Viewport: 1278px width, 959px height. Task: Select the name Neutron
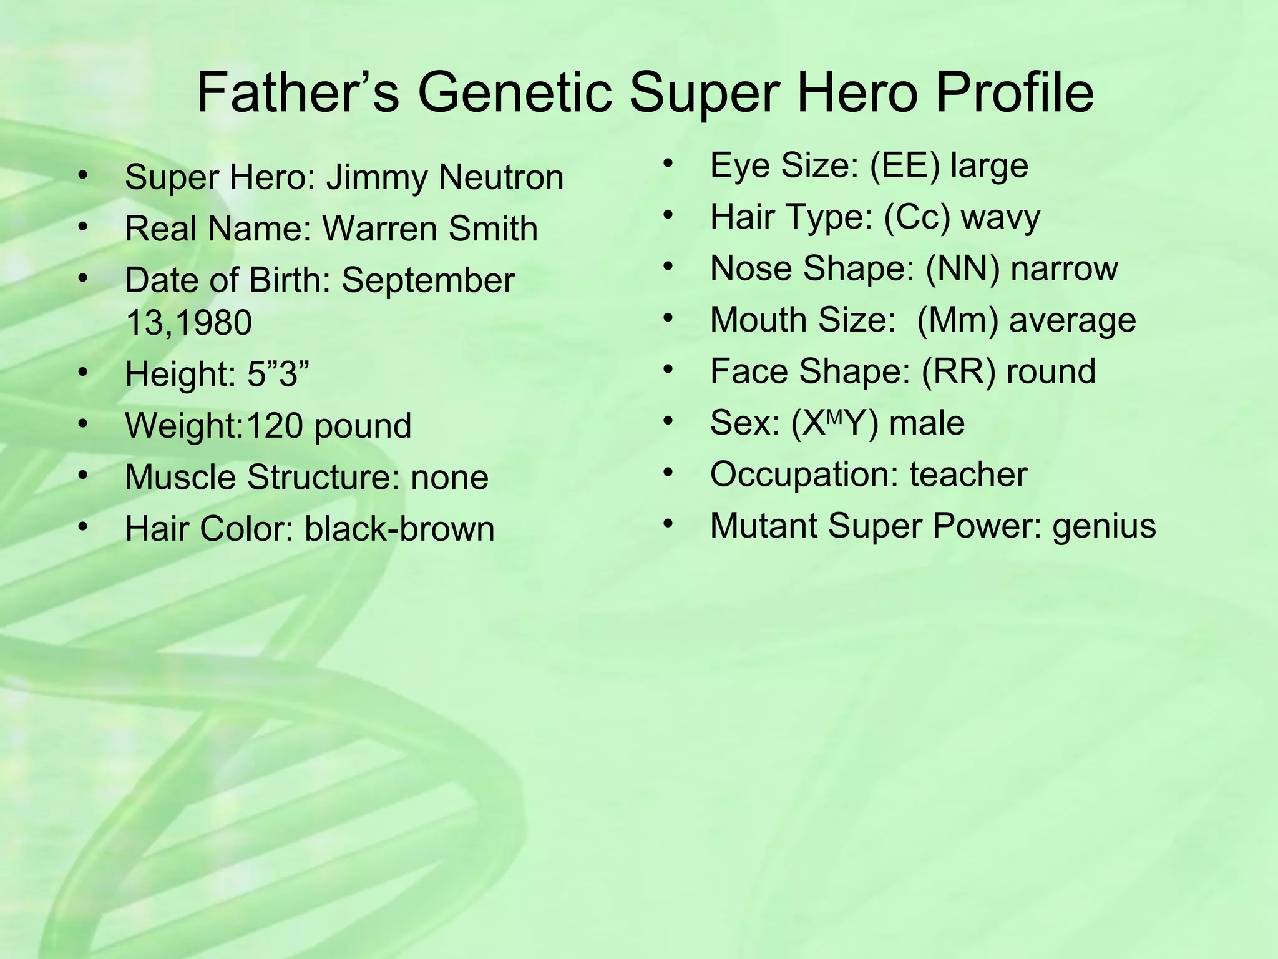(501, 177)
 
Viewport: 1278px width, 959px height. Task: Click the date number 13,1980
(188, 323)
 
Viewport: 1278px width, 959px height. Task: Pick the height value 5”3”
(278, 375)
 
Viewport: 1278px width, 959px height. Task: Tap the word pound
(363, 426)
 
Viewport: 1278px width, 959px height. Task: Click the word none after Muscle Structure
(449, 478)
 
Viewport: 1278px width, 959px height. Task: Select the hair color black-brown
(399, 529)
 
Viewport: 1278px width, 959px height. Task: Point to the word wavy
(1000, 217)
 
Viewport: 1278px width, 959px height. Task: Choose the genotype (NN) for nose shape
(962, 268)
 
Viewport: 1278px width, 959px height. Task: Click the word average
(1072, 320)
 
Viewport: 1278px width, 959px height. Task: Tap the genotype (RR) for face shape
(958, 371)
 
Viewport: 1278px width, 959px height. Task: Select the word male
(927, 423)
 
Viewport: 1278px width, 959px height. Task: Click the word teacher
(968, 475)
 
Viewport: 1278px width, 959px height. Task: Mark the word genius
(1104, 526)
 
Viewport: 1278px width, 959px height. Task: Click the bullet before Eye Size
(668, 164)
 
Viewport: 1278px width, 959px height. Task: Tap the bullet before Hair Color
(84, 528)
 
